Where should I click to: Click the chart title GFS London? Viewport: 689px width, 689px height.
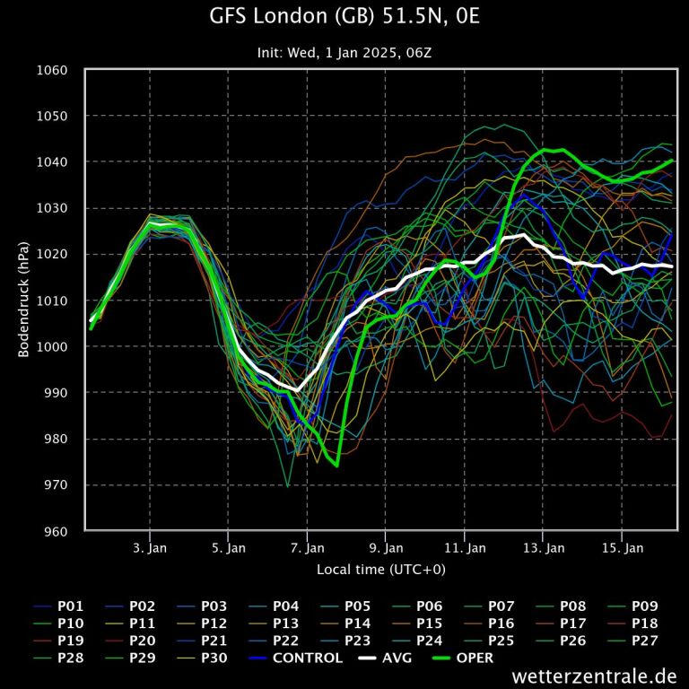(x=344, y=17)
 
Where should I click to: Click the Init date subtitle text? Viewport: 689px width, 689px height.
(x=344, y=52)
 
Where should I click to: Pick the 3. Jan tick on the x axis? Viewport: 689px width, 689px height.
(x=150, y=547)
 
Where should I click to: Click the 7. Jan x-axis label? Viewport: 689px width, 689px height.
(x=308, y=547)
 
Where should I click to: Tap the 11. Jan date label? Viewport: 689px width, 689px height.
(x=465, y=547)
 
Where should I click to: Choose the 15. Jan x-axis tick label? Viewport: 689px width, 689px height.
(x=623, y=547)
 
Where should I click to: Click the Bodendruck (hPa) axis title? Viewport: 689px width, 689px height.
(x=24, y=301)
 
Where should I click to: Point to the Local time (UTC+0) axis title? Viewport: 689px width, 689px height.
(x=380, y=570)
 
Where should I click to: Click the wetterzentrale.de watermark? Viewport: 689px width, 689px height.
(x=594, y=676)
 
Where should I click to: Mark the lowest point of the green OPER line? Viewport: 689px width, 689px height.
(x=336, y=467)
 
